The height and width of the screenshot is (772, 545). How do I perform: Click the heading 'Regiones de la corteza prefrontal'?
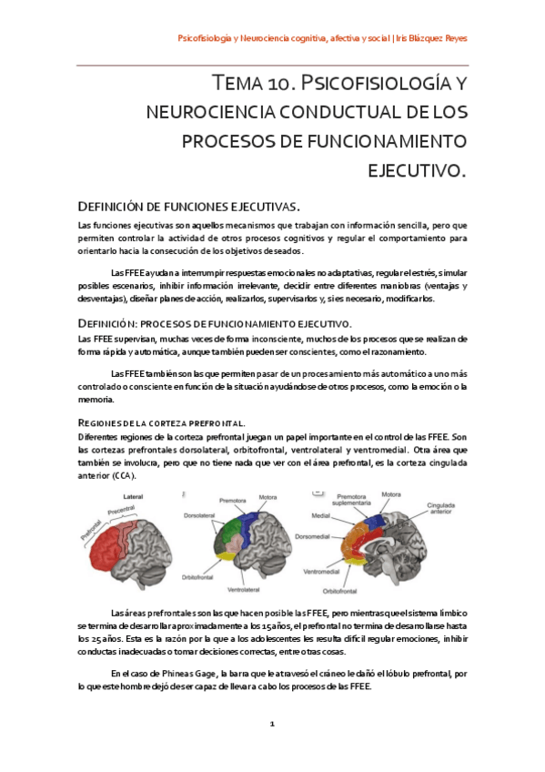pyautogui.click(x=162, y=422)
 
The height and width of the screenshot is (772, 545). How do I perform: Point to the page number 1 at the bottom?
pyautogui.click(x=271, y=725)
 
